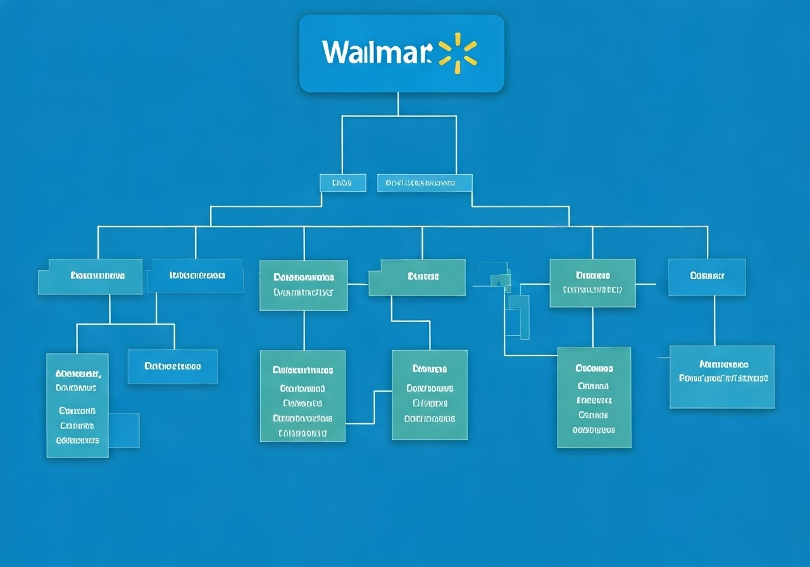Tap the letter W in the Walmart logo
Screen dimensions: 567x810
[x=335, y=52]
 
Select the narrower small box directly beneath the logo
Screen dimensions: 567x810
[x=342, y=183]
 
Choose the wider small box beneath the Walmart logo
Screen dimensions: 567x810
[x=425, y=183]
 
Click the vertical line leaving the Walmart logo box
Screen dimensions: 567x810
[x=398, y=104]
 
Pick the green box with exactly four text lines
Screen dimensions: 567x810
[x=430, y=394]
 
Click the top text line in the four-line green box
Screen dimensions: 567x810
[x=430, y=369]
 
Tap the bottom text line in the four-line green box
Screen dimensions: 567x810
[x=430, y=418]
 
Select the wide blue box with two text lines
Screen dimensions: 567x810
[x=722, y=377]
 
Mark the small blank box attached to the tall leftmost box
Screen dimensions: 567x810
[x=124, y=430]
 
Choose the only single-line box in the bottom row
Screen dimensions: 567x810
[x=172, y=366]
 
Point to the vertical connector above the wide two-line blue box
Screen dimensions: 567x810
[x=714, y=320]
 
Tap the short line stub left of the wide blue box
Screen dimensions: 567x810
[x=663, y=358]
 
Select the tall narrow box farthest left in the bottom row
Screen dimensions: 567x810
[x=77, y=405]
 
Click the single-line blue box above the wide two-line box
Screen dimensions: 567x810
[x=707, y=277]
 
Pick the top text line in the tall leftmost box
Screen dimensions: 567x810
[x=77, y=374]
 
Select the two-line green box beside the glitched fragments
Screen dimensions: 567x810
[x=592, y=283]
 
